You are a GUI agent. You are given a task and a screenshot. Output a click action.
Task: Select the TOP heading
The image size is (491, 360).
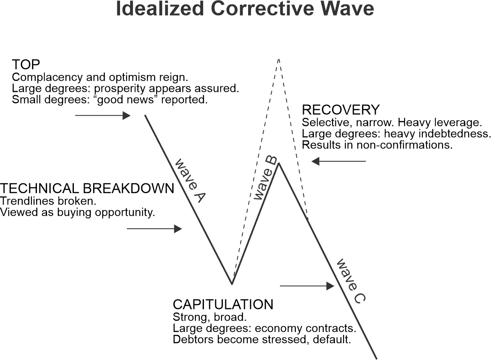[26, 64]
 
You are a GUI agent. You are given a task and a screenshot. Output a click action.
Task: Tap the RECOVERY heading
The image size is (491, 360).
[340, 110]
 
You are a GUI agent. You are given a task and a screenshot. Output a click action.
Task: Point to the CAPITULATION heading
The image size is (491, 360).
[223, 304]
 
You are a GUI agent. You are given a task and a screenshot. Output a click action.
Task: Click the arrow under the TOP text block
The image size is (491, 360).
[103, 116]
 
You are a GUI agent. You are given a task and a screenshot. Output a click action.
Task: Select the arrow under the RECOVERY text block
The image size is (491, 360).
[339, 161]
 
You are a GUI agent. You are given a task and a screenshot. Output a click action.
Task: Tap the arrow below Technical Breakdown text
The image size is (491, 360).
[154, 229]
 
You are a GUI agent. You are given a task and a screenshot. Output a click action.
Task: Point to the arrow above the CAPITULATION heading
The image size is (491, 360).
[307, 286]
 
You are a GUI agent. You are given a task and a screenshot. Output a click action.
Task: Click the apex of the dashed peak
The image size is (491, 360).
[278, 59]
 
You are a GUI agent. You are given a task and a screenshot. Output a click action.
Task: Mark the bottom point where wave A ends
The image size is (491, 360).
[232, 284]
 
